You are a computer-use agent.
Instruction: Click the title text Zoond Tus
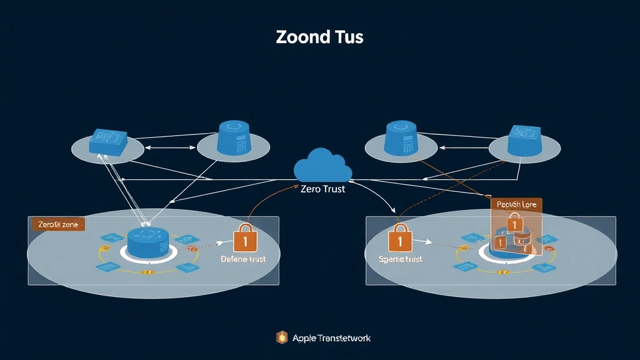click(319, 37)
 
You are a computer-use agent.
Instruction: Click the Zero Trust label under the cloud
click(322, 189)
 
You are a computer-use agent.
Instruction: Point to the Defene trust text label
click(243, 259)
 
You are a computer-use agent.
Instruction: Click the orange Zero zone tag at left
click(58, 224)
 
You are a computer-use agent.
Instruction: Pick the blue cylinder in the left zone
click(149, 241)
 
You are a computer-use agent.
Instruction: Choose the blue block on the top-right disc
click(524, 141)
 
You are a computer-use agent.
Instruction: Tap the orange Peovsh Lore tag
click(516, 204)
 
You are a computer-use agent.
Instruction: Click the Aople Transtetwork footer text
click(331, 338)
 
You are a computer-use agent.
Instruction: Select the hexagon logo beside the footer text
click(282, 337)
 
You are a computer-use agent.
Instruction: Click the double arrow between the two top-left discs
click(171, 149)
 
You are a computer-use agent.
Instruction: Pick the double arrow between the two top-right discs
click(463, 149)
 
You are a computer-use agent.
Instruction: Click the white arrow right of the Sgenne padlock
click(422, 241)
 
